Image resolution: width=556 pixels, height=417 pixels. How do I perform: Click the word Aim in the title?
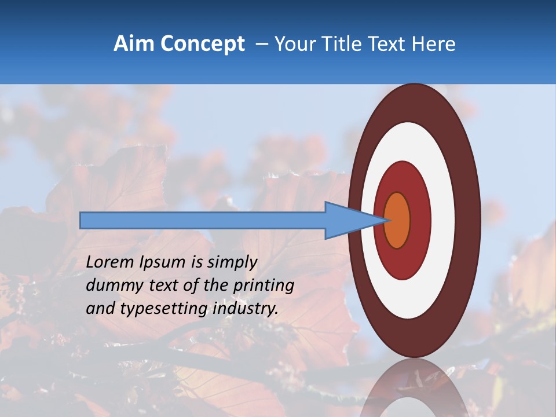click(x=134, y=44)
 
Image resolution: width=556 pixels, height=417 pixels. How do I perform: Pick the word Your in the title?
click(x=294, y=44)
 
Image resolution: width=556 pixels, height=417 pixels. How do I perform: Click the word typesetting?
click(x=164, y=309)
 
